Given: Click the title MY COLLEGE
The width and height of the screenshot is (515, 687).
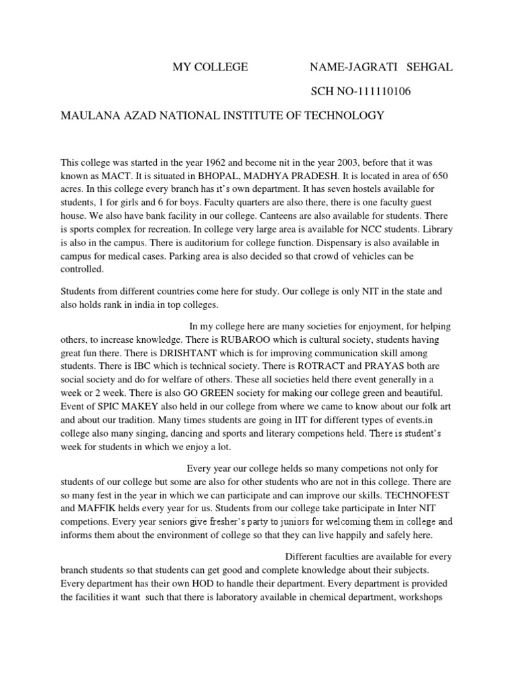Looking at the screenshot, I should point(210,67).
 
